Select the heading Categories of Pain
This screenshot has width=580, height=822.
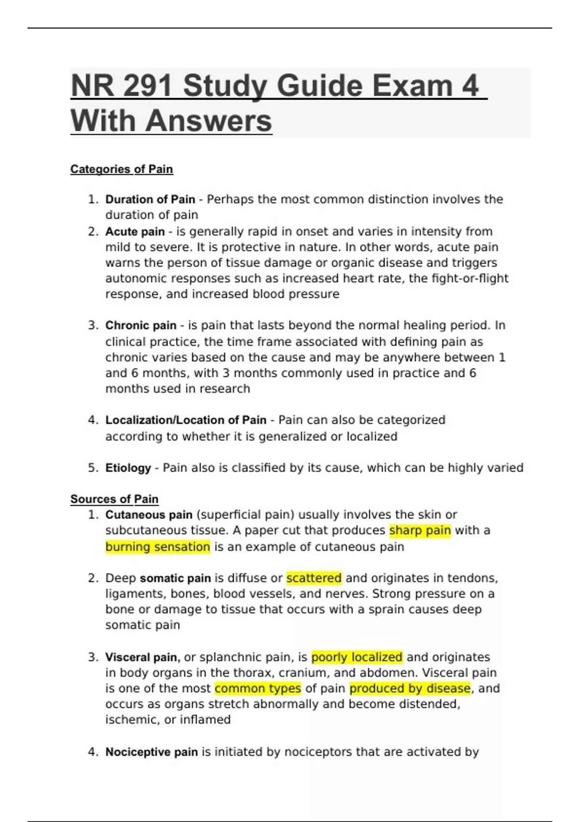(121, 169)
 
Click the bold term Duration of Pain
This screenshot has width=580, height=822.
(150, 199)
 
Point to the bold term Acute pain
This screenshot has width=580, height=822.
(135, 232)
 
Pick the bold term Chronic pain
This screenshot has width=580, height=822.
(141, 325)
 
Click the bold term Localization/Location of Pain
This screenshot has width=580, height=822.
(186, 420)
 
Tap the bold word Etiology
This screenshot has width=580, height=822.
(128, 468)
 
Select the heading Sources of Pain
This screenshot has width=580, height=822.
(114, 499)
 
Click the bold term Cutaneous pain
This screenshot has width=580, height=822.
(149, 514)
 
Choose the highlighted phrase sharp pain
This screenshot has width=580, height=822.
(420, 530)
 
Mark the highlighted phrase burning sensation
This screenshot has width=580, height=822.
(158, 547)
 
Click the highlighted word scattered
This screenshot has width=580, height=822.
(314, 578)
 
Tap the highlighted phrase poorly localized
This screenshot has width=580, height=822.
(357, 657)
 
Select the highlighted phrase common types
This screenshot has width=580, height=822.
(258, 688)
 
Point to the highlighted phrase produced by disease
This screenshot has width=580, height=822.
(410, 688)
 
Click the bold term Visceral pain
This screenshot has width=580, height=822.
(142, 657)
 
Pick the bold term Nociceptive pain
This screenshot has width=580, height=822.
(151, 752)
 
